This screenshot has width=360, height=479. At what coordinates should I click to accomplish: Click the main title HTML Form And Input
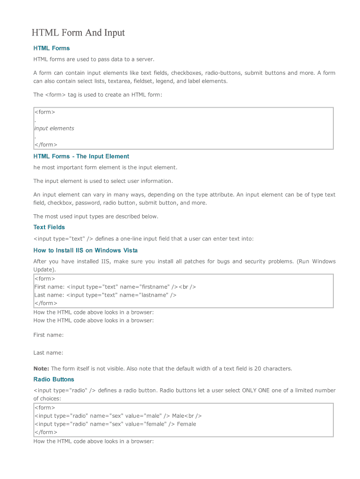point(78,33)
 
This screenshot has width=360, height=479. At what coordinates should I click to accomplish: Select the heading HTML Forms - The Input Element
point(81,156)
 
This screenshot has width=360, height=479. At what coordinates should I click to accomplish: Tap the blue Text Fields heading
point(49,227)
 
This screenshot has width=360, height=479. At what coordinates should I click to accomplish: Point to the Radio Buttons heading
point(54,379)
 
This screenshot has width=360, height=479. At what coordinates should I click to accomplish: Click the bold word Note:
point(41,369)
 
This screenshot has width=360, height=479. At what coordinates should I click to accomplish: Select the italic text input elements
point(54,128)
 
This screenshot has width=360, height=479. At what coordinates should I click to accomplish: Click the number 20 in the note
point(258,369)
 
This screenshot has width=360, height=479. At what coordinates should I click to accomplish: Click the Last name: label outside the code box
point(48,353)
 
